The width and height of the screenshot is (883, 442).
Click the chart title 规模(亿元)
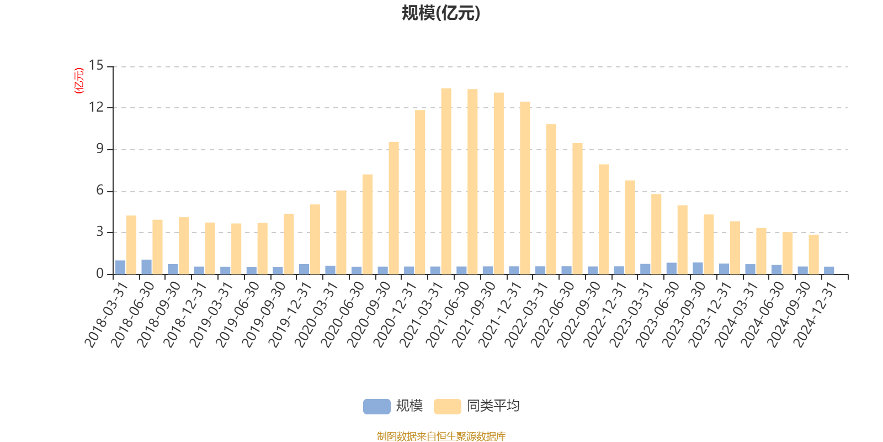click(441, 13)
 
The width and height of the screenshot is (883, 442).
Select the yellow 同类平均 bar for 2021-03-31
click(446, 181)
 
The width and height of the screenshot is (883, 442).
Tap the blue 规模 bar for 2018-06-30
click(146, 267)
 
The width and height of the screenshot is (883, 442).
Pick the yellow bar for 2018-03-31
click(131, 245)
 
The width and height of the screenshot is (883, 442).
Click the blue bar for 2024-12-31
click(829, 270)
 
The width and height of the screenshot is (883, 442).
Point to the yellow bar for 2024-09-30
click(813, 254)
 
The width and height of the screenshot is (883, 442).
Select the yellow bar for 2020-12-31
click(420, 192)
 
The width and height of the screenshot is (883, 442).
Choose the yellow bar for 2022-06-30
click(577, 208)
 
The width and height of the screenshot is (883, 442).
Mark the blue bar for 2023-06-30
click(671, 269)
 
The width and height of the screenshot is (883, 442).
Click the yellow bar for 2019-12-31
click(315, 239)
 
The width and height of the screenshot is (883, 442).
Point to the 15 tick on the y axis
click(96, 66)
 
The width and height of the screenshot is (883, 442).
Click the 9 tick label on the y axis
click(100, 149)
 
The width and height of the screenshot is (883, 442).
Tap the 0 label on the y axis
click(100, 274)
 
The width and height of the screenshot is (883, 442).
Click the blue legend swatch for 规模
click(376, 407)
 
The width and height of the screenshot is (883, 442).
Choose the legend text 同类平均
click(493, 407)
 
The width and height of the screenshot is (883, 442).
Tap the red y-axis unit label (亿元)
click(78, 81)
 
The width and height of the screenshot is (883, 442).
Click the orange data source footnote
click(441, 436)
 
